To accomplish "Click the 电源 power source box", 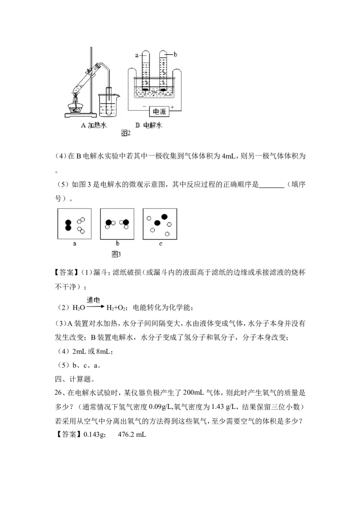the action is [159, 112].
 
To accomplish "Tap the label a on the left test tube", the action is [137, 55].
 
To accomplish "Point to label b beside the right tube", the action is [175, 54].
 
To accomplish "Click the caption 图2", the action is [126, 133].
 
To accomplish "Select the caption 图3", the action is [116, 254].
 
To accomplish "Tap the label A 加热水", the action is [94, 125].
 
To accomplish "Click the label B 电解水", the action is [148, 125].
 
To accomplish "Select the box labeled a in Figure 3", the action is [74, 223].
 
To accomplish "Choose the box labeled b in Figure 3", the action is [117, 223].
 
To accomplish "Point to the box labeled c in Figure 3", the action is [160, 223].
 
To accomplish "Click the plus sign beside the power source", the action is [172, 107].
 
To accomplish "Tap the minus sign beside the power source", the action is [144, 107].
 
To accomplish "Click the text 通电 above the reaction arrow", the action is [93, 300].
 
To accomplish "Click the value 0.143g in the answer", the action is [94, 434].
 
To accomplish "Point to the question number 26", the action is [58, 393].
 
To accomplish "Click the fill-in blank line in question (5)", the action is [272, 188].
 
